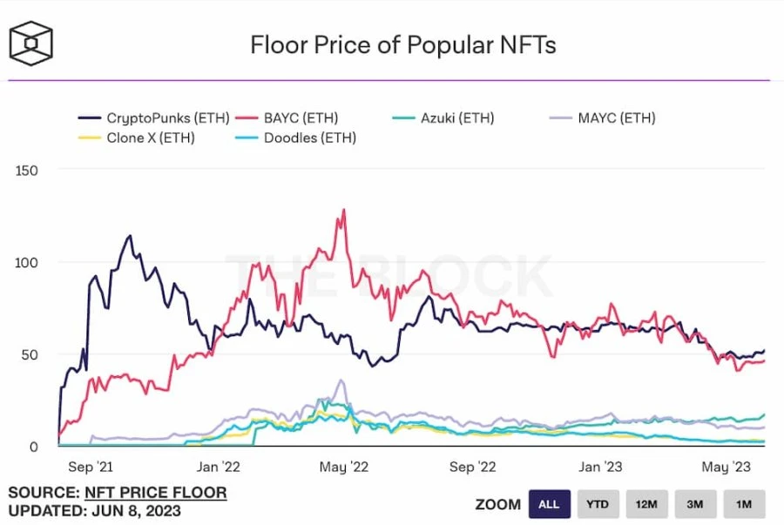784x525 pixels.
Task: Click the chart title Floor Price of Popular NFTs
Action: pyautogui.click(x=402, y=45)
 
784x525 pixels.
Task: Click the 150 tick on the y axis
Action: pyautogui.click(x=27, y=170)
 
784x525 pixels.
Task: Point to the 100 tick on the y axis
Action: pyautogui.click(x=27, y=262)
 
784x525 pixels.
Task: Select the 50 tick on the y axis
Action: pyautogui.click(x=30, y=354)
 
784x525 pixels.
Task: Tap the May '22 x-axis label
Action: pyautogui.click(x=345, y=468)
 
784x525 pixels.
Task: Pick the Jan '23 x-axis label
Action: pyautogui.click(x=601, y=468)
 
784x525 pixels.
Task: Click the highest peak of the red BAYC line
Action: pyautogui.click(x=344, y=210)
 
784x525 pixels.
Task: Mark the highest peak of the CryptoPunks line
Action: pyautogui.click(x=130, y=236)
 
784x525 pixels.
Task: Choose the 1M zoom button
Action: pyautogui.click(x=743, y=504)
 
